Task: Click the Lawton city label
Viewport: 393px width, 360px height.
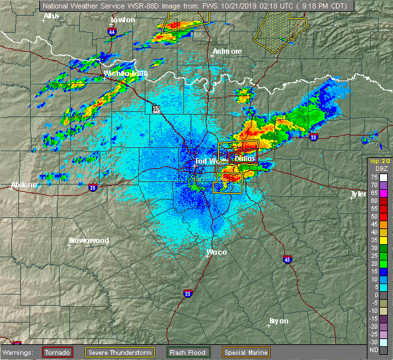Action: pos(122,20)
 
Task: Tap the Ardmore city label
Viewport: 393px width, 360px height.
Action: pos(227,51)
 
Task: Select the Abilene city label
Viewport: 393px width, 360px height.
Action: pos(24,185)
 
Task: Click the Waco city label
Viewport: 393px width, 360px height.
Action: pos(216,252)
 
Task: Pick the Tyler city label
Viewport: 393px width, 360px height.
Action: pos(358,194)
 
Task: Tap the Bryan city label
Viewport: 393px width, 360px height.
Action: pos(279,321)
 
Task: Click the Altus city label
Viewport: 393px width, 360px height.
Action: pos(50,15)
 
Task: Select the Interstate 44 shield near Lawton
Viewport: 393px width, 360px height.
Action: pos(113,31)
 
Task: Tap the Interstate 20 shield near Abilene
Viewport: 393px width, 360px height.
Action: pos(92,188)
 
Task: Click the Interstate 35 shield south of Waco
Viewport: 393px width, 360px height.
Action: pos(188,293)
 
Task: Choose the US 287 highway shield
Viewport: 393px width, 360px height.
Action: pos(156,109)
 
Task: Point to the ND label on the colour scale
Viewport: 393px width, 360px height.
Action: pos(373,350)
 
